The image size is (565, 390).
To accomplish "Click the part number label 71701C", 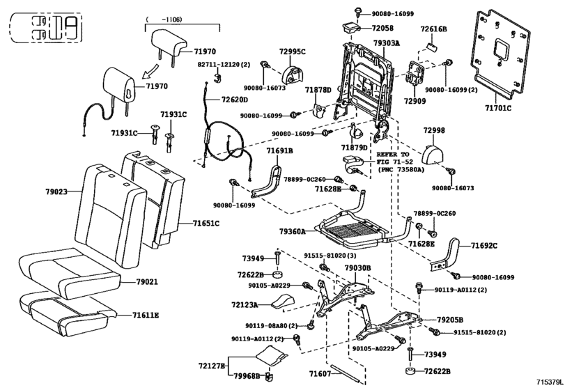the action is (x=498, y=107).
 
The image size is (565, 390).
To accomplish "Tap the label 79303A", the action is (x=386, y=43).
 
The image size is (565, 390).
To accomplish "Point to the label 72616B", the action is (x=433, y=29).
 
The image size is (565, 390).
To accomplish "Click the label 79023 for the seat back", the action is (x=56, y=192).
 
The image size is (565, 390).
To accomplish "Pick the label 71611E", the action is (x=145, y=315).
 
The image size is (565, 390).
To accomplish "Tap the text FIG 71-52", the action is (x=395, y=162).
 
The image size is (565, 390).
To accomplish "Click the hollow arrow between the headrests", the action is (x=150, y=71).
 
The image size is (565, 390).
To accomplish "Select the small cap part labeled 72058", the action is (x=350, y=27).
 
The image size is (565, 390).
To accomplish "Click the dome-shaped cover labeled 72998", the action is (x=434, y=154).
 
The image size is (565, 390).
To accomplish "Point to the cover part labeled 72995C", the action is (x=292, y=74).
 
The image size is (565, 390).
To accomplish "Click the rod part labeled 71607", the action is (x=346, y=373).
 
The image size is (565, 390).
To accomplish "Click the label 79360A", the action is (x=292, y=231).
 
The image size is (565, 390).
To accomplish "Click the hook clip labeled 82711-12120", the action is (x=217, y=78).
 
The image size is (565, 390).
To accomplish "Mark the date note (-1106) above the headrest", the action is (x=164, y=19).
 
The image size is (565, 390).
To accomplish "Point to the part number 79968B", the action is (x=247, y=376).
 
